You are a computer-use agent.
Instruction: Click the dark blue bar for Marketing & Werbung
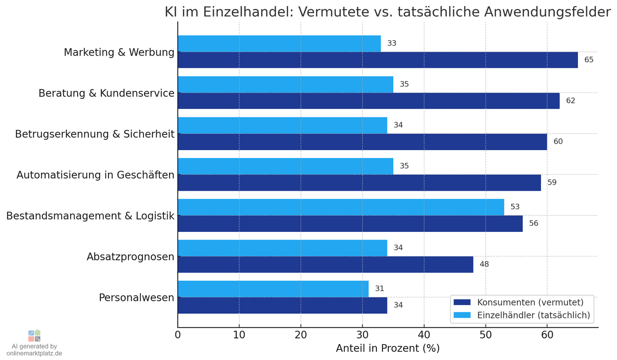pyautogui.click(x=377, y=60)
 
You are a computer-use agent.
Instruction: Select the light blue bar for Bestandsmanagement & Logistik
pyautogui.click(x=341, y=207)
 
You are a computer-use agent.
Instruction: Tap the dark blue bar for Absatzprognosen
pyautogui.click(x=325, y=264)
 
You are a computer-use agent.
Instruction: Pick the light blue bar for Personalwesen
pyautogui.click(x=273, y=289)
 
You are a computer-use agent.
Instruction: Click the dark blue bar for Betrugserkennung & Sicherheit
pyautogui.click(x=362, y=141)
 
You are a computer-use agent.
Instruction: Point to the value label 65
pyautogui.click(x=589, y=60)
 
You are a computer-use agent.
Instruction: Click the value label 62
pyautogui.click(x=570, y=101)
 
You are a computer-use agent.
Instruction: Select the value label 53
pyautogui.click(x=515, y=207)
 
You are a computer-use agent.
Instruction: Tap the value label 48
pyautogui.click(x=484, y=264)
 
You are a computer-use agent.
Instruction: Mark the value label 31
pyautogui.click(x=379, y=289)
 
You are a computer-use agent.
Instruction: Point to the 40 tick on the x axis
pyautogui.click(x=424, y=335)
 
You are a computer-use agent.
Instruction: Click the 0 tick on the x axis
pyautogui.click(x=178, y=335)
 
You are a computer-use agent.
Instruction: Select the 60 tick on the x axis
pyautogui.click(x=547, y=335)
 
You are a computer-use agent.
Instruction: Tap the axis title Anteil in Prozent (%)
pyautogui.click(x=388, y=348)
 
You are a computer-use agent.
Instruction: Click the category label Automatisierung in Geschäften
pyautogui.click(x=95, y=175)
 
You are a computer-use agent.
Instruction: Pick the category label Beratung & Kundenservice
pyautogui.click(x=106, y=93)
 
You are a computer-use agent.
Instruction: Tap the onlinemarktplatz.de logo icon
pyautogui.click(x=34, y=336)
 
